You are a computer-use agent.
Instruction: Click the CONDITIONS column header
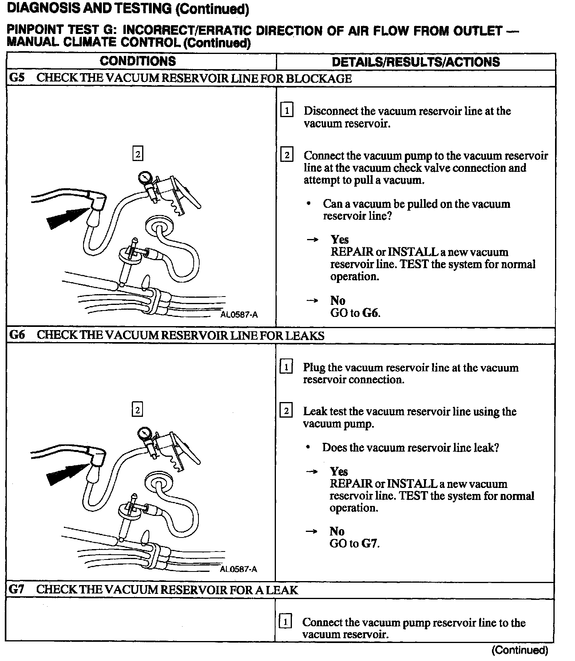(138, 61)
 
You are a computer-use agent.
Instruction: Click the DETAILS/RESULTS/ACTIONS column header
(416, 62)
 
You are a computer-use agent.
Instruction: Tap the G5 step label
(17, 78)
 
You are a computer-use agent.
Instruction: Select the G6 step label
(17, 335)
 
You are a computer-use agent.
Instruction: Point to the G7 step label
(17, 589)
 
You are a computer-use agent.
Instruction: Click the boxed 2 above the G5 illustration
(138, 154)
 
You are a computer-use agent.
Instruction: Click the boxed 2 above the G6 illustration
(137, 410)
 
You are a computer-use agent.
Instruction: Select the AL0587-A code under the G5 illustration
(239, 315)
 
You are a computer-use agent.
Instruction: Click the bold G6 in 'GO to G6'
(371, 313)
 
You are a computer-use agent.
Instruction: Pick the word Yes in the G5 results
(339, 239)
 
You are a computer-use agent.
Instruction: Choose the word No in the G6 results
(337, 531)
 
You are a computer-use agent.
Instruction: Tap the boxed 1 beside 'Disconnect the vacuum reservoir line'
(287, 110)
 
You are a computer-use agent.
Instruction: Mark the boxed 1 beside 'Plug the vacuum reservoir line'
(286, 366)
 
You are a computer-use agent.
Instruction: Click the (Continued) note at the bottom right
(519, 650)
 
